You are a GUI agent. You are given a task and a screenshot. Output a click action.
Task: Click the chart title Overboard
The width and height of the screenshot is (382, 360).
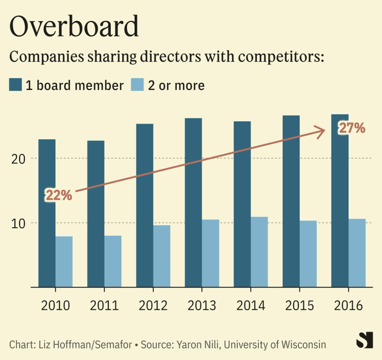[74, 27]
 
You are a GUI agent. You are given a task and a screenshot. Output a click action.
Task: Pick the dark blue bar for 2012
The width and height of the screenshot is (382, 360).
[145, 205]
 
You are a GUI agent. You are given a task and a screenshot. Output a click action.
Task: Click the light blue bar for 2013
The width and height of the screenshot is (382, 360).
[211, 253]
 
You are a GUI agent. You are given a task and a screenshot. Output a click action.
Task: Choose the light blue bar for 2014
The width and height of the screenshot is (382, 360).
[259, 252]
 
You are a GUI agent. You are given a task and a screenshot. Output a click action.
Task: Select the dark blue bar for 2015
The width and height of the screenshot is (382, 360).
[291, 201]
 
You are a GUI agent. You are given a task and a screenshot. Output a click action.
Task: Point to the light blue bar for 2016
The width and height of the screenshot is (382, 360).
[357, 253]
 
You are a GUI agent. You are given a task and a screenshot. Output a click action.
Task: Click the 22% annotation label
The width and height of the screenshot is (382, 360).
[59, 195]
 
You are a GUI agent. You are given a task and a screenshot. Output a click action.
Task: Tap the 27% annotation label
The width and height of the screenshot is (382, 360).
[352, 128]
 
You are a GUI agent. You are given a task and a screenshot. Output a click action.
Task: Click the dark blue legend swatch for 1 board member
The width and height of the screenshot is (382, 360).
[16, 85]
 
